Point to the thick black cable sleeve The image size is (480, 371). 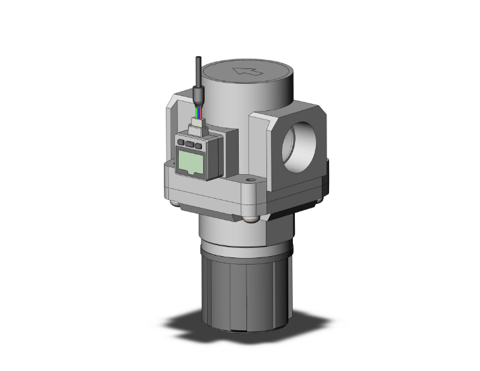(197, 97)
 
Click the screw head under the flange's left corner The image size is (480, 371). (176, 205)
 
